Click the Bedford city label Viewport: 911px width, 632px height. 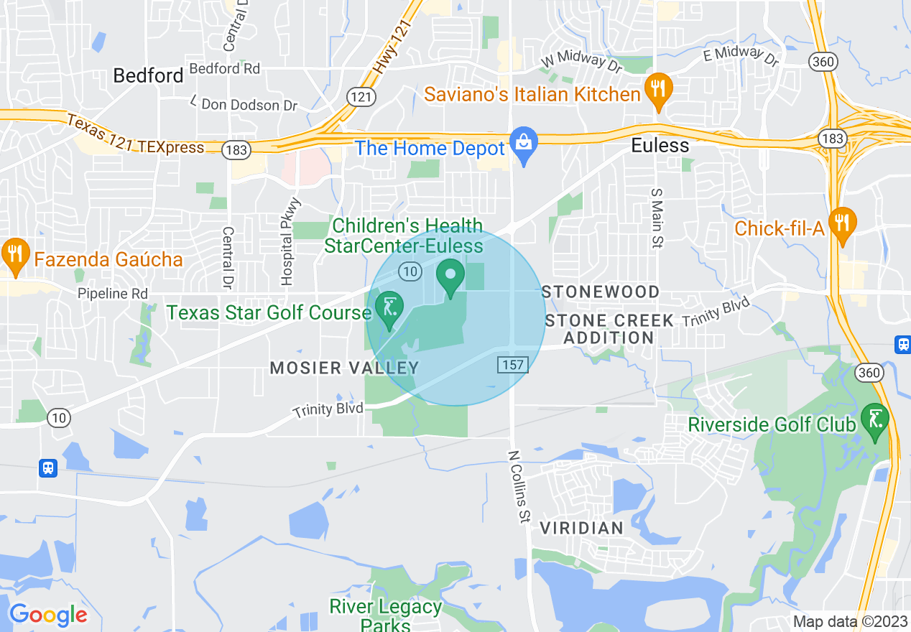tap(149, 75)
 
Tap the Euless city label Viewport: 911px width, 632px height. tap(660, 145)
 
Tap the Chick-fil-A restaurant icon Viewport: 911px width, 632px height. tap(841, 223)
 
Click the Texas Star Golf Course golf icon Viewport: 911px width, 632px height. tap(389, 308)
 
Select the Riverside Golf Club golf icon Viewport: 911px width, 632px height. tap(875, 419)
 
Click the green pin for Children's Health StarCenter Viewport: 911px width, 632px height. tap(451, 276)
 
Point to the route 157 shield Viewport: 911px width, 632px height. tap(513, 365)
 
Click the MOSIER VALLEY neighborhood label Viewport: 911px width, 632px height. tap(344, 368)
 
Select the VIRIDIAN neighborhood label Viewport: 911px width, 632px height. tap(581, 529)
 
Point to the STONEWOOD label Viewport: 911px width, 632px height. tap(601, 292)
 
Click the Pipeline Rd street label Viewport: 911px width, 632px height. tap(113, 294)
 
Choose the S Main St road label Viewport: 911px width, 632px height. tap(655, 218)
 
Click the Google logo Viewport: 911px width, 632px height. tap(48, 615)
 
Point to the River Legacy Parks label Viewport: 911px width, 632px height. tap(386, 615)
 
